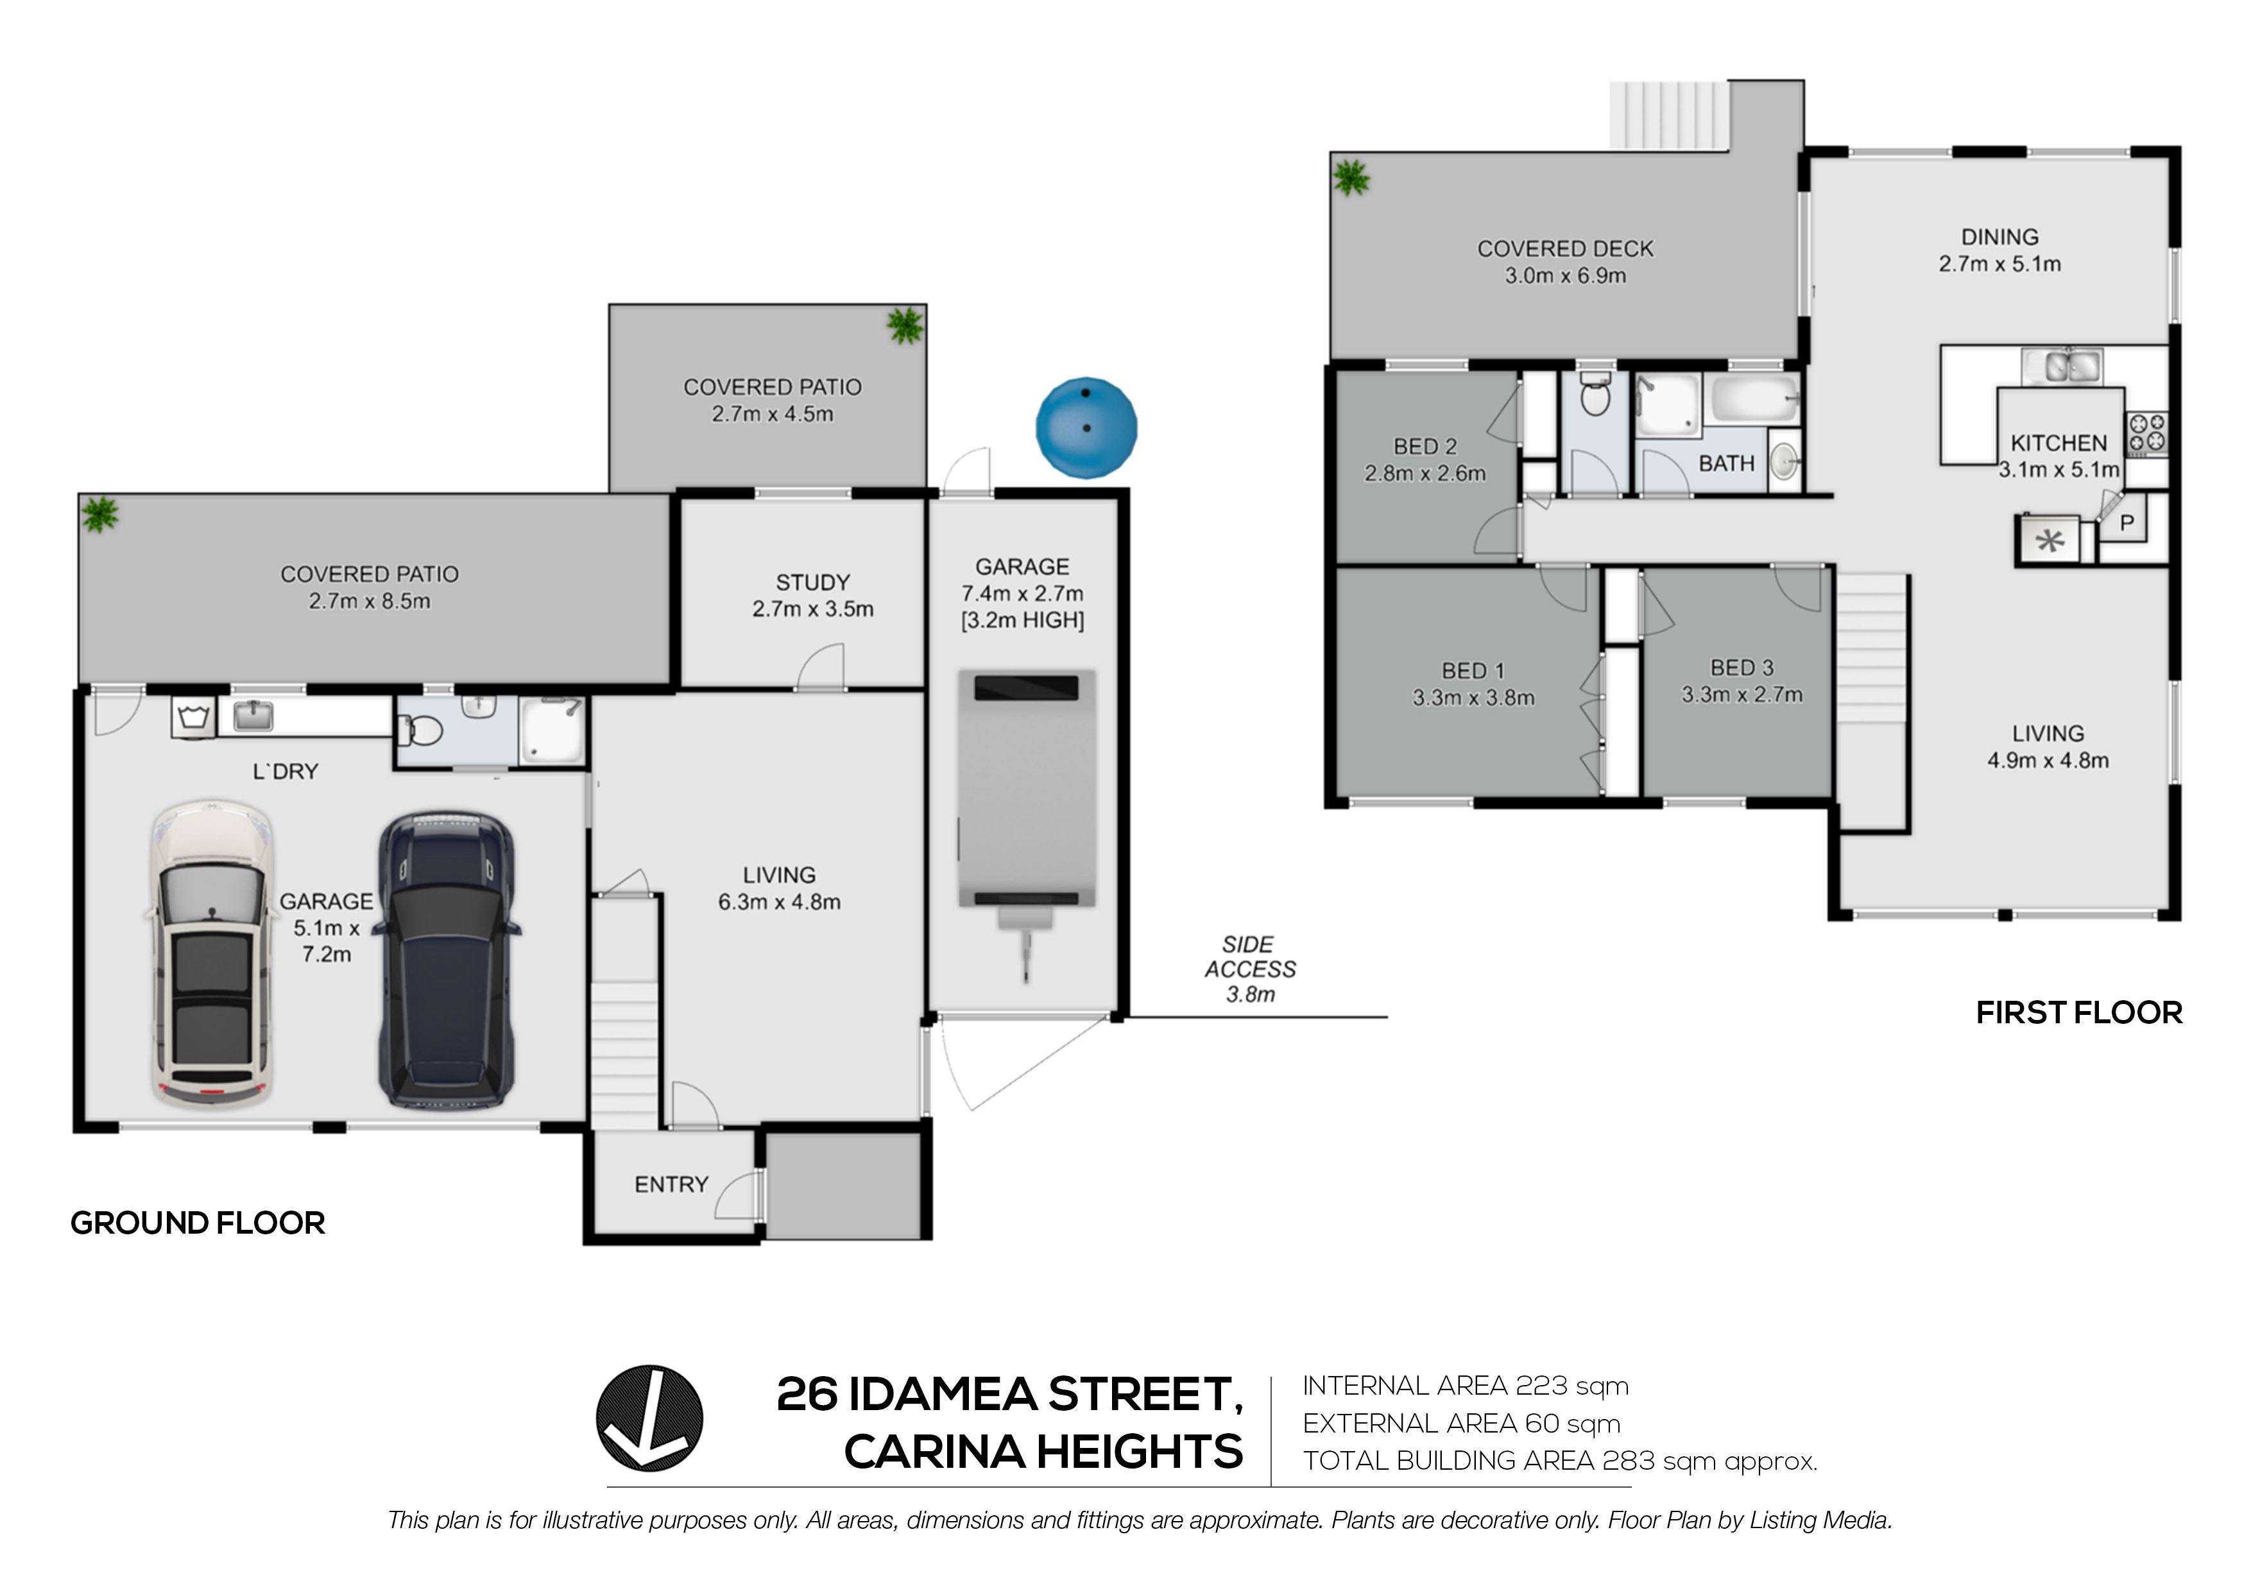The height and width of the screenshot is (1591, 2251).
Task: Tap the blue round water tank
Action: point(1086,427)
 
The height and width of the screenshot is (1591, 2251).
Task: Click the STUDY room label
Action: point(813,583)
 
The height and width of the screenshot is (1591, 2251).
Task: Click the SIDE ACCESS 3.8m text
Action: point(1250,969)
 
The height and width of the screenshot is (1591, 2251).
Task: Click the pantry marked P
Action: point(2127,523)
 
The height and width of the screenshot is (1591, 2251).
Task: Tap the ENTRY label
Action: point(672,1184)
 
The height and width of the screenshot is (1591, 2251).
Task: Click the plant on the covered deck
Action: point(1351,178)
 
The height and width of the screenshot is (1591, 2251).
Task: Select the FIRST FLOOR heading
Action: point(2078,1012)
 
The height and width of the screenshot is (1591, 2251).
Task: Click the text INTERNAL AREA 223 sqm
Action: point(1465,1386)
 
